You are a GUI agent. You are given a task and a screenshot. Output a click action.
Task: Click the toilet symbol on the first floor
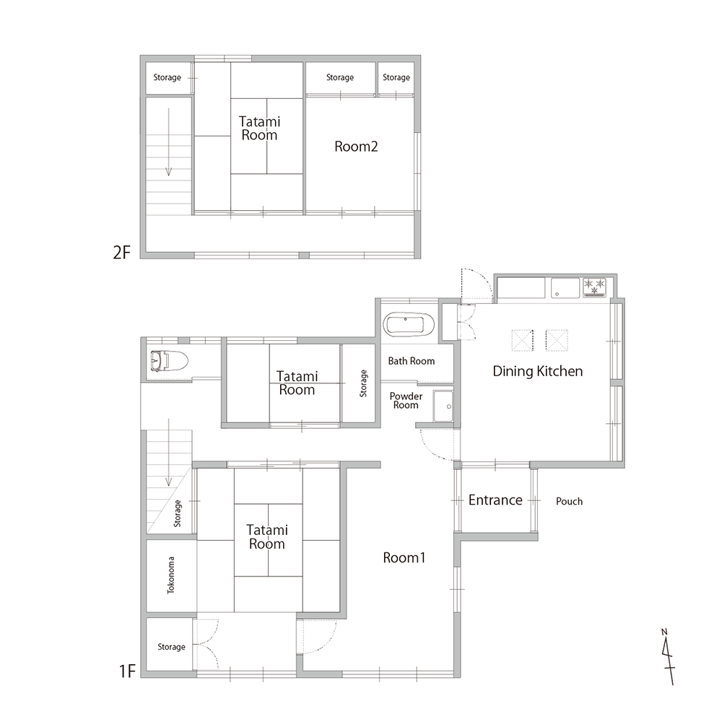click(x=170, y=361)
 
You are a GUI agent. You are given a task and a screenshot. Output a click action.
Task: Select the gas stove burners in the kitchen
click(x=594, y=287)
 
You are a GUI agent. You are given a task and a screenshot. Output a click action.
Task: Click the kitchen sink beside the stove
click(x=565, y=288)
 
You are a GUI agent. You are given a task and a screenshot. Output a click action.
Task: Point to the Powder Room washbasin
click(x=443, y=406)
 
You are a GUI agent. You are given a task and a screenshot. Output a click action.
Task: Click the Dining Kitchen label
click(x=537, y=371)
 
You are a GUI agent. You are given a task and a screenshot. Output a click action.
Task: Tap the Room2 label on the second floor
click(x=356, y=147)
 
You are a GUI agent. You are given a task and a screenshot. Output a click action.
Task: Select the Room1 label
click(x=404, y=557)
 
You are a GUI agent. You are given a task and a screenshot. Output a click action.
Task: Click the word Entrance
click(x=495, y=500)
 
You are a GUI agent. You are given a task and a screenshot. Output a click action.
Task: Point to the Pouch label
click(x=569, y=501)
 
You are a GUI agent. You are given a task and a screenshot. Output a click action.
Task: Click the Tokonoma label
click(x=171, y=575)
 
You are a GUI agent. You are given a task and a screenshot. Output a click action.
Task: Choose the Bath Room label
click(x=412, y=361)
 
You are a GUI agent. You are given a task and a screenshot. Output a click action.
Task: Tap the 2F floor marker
click(x=121, y=252)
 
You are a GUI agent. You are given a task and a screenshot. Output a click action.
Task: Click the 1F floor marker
click(x=128, y=671)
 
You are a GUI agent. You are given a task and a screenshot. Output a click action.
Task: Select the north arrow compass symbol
click(x=668, y=657)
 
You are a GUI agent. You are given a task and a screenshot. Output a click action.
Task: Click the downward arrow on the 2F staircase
click(x=168, y=142)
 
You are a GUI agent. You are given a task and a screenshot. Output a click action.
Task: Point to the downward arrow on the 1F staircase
click(x=168, y=452)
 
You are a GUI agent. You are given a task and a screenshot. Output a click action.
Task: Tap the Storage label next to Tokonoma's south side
click(x=171, y=646)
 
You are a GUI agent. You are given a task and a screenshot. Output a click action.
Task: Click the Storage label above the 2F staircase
click(x=168, y=77)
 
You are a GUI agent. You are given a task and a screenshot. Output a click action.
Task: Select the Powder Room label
click(x=406, y=401)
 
